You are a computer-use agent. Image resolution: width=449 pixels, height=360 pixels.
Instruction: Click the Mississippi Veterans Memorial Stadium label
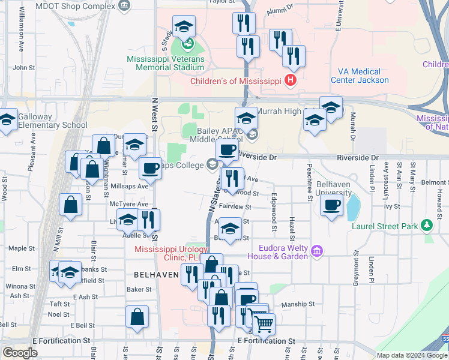point(165,64)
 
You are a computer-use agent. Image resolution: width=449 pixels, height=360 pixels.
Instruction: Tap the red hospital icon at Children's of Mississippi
point(291,80)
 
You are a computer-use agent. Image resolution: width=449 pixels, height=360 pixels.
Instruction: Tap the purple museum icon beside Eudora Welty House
point(317,250)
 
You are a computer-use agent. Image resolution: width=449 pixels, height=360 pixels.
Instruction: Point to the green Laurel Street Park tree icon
point(427,225)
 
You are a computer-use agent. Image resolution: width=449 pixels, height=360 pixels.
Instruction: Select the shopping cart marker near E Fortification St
point(263,324)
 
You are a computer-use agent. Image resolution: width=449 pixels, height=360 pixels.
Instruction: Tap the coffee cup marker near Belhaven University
point(331,206)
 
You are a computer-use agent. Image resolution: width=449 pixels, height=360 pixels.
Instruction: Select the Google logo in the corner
point(20,353)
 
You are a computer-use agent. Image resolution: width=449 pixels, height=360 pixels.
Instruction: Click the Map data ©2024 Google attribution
point(412,355)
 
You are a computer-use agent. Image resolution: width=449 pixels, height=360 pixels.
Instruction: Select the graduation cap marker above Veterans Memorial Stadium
point(184,26)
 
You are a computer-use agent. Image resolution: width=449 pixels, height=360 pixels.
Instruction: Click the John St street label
point(25,68)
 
